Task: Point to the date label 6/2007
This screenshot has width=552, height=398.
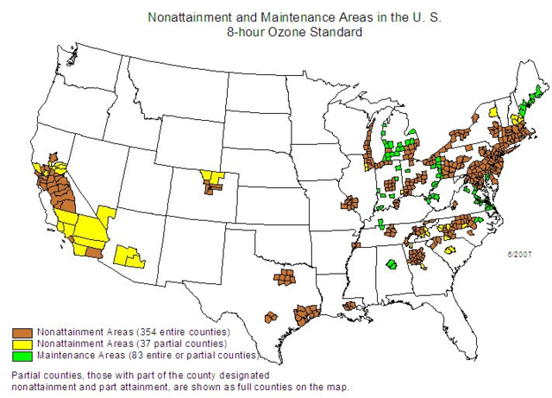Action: [520, 254]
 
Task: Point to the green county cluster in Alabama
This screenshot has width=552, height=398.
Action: [391, 264]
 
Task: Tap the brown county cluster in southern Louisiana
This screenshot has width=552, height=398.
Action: [350, 306]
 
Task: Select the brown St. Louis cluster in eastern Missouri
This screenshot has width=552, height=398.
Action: [349, 203]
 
